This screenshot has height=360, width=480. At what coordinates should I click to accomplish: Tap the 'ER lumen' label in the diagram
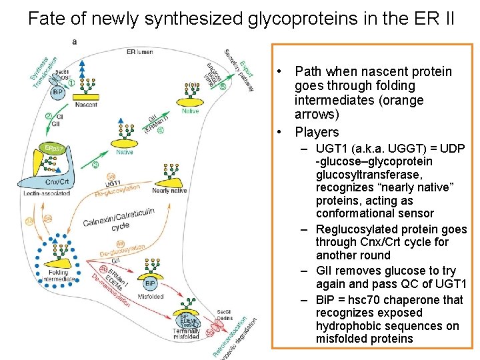141,51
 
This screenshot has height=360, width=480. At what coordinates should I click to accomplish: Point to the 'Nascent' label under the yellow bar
86,105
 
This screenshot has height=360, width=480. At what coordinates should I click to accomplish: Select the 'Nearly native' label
169,191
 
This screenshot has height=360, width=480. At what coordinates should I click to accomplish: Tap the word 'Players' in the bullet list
317,132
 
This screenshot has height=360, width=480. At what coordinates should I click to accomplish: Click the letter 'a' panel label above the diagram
74,41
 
